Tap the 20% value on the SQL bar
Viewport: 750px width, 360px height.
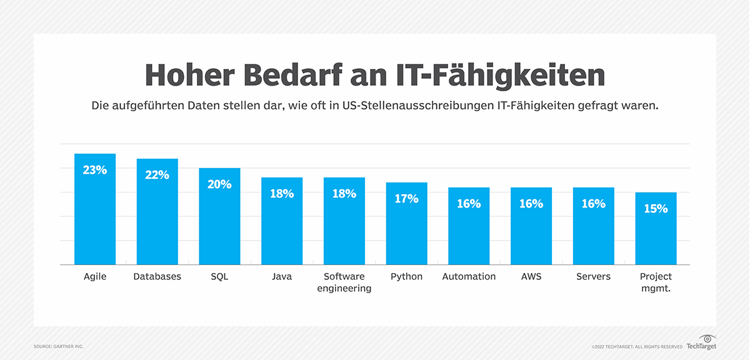pos(219,184)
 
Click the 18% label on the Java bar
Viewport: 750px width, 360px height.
pos(282,194)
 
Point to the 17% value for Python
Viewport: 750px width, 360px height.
pos(406,199)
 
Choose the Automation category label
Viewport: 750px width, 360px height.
pos(469,276)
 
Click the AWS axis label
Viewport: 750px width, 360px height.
pos(531,276)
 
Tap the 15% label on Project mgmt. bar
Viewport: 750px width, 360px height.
pos(656,209)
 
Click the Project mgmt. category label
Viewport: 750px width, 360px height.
pos(656,282)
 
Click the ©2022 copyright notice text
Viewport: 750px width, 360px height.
pos(637,346)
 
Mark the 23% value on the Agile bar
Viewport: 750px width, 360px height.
pos(94,169)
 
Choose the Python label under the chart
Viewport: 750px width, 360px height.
pos(406,276)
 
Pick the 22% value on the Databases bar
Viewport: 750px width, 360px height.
pos(157,175)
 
